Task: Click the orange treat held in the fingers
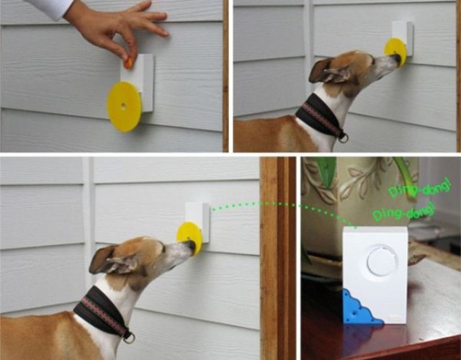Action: (128, 63)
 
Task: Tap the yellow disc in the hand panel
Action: (123, 107)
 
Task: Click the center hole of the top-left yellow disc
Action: (124, 106)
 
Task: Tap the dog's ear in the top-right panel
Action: (323, 69)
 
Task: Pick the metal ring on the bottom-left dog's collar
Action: (129, 336)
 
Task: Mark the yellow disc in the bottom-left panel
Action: (189, 237)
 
